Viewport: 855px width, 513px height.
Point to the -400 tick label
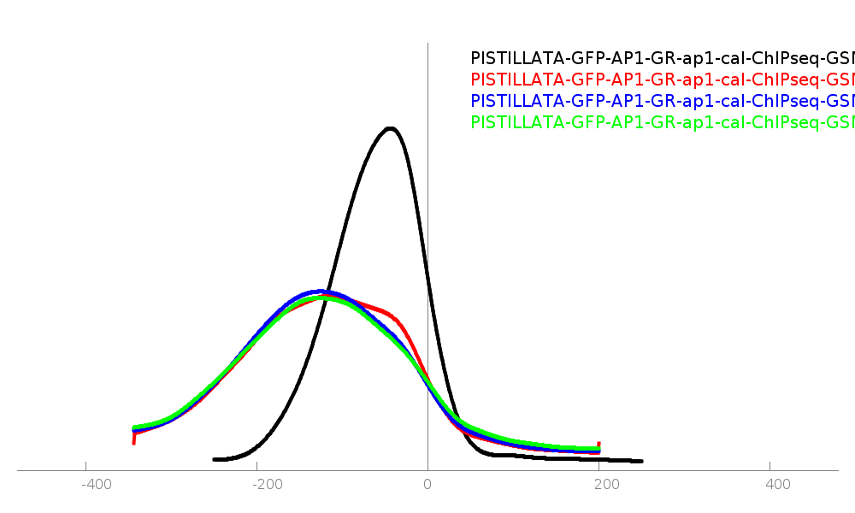96,485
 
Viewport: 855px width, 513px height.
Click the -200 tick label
267,485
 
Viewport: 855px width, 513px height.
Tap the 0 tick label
427,485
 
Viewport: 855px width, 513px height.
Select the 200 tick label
606,485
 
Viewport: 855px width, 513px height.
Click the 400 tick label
777,485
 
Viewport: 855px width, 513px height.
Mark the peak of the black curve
390,129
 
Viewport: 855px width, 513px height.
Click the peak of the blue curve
318,292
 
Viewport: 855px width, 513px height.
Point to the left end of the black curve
215,459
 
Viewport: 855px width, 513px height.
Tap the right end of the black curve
640,461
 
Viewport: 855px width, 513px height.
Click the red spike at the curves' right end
598,444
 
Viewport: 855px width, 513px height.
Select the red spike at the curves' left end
133,439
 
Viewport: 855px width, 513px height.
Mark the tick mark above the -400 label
85,466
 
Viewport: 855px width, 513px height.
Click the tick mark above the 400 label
769,466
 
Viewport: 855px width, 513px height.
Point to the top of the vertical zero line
427,44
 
